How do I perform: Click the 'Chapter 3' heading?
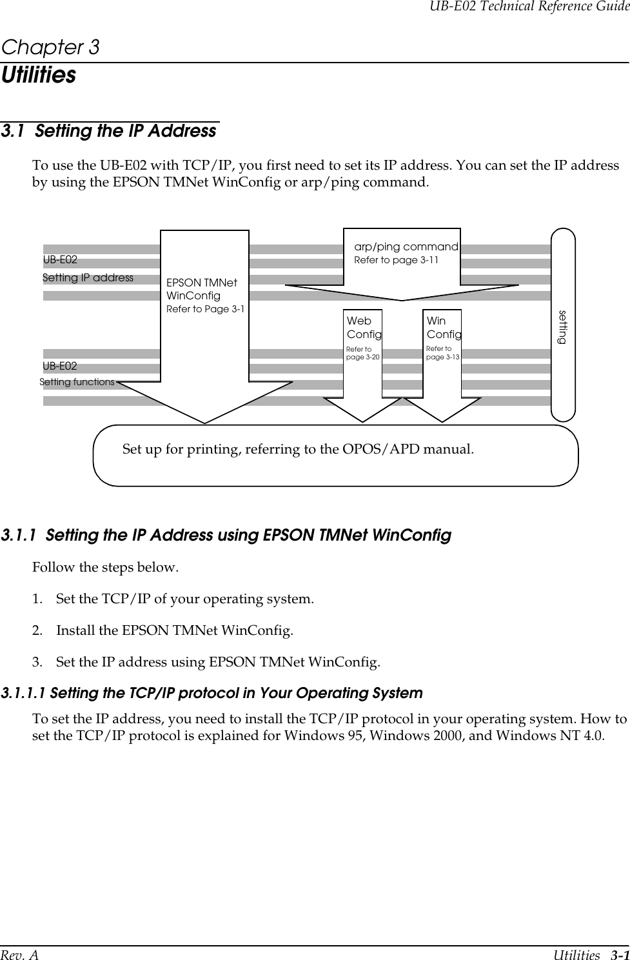50,48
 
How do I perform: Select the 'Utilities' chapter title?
39,75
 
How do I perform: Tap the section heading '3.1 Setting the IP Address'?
109,131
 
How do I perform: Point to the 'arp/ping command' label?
406,247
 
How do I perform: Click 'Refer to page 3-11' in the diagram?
396,260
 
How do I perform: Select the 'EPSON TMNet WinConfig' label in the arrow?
202,289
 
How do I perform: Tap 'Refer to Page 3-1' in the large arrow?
205,309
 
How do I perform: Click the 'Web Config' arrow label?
364,328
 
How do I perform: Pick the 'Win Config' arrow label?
444,328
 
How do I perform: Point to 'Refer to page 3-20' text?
363,353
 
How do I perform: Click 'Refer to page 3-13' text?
443,353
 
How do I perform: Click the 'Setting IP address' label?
88,278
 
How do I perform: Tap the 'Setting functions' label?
77,382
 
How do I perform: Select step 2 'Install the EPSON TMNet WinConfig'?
174,630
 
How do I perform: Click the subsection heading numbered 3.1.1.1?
212,694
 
